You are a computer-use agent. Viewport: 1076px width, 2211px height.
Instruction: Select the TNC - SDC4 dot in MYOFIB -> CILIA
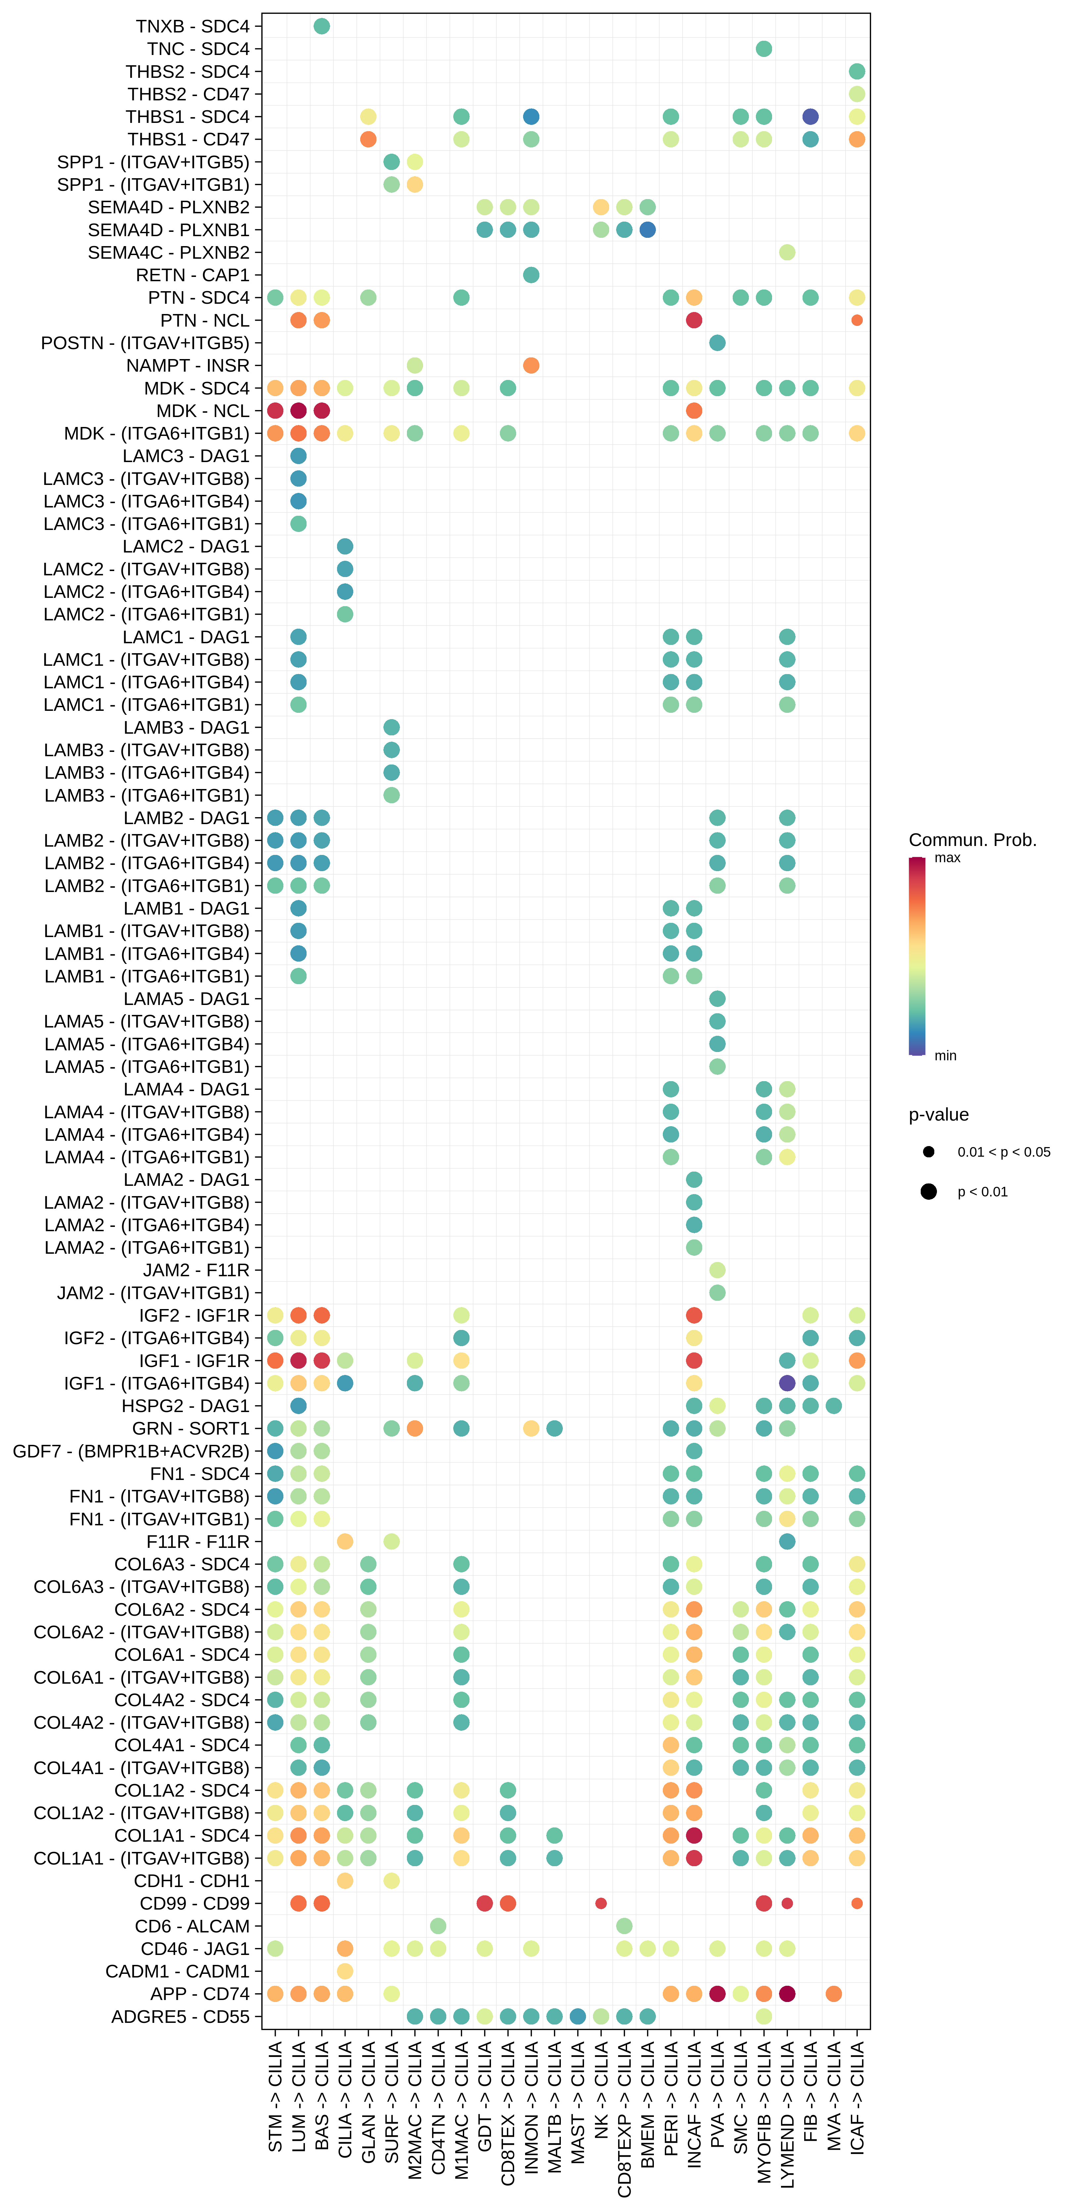(764, 49)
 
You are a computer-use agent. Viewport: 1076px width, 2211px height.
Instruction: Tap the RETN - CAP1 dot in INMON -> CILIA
(531, 275)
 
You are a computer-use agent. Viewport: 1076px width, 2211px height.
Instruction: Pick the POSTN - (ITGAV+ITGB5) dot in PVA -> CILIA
(717, 342)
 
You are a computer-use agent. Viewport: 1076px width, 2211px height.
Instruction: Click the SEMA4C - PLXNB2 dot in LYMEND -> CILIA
(787, 252)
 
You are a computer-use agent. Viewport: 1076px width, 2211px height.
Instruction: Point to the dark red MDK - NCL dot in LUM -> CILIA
(299, 410)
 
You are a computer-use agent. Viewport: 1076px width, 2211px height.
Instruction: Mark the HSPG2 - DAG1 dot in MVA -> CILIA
(833, 1406)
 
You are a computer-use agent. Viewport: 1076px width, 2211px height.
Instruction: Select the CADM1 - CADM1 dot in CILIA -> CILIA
(345, 1971)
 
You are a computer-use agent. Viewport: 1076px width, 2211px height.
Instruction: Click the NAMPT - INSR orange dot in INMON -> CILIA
(531, 366)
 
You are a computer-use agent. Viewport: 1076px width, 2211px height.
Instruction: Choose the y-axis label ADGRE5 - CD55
(180, 2016)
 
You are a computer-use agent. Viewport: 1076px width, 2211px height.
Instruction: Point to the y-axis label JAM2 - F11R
(196, 1270)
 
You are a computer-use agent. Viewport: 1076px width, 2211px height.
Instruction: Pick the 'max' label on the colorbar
(947, 858)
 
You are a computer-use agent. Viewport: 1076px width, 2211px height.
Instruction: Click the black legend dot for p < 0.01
(928, 1191)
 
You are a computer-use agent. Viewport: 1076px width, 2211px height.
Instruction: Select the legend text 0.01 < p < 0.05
(1003, 1152)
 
